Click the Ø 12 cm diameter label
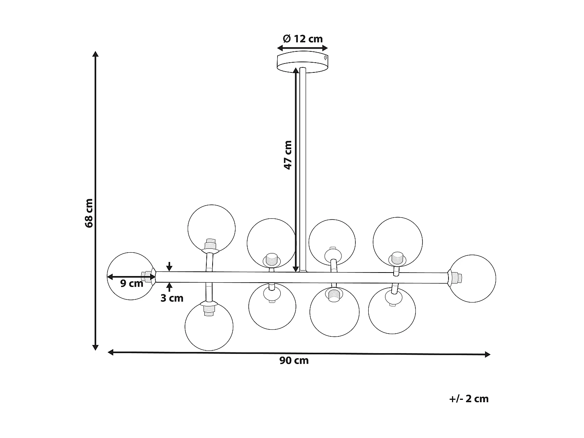(303, 39)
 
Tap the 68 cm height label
(89, 213)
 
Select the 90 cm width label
(294, 361)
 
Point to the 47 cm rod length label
(288, 155)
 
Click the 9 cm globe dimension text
(132, 283)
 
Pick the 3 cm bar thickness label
(172, 298)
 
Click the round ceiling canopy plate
(303, 62)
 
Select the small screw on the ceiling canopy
(325, 58)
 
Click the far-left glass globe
(107, 276)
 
